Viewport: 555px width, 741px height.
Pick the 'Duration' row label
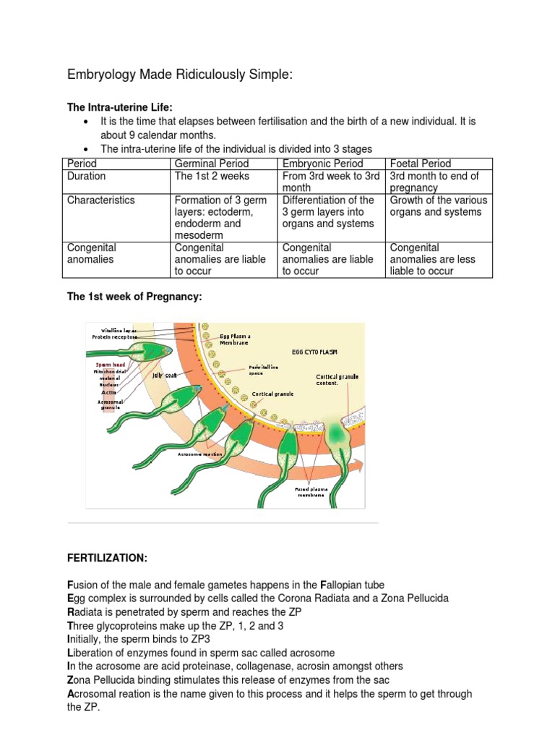point(86,176)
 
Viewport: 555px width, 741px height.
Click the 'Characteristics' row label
point(100,200)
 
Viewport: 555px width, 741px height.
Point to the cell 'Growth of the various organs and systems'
point(438,206)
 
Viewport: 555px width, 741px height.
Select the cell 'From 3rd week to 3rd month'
point(330,182)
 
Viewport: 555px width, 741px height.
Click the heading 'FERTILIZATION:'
point(107,559)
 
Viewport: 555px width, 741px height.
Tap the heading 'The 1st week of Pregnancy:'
point(134,298)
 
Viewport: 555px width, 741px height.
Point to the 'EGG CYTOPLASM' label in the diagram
point(315,352)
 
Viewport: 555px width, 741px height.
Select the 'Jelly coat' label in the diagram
point(164,376)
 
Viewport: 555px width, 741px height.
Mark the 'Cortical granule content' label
point(337,380)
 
